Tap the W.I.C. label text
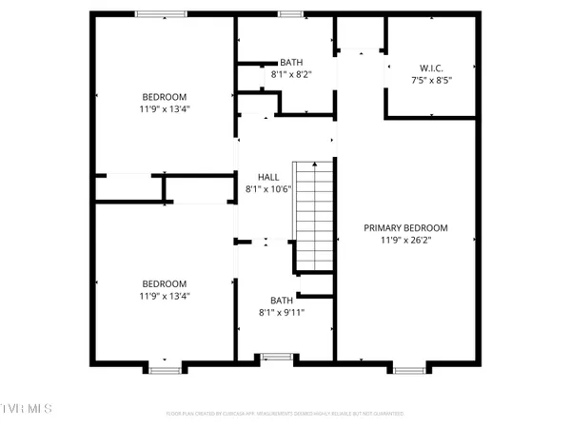[431, 68]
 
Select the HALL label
[267, 177]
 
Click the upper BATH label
[290, 61]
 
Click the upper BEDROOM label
[165, 97]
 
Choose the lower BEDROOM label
[165, 283]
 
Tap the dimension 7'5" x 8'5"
[431, 80]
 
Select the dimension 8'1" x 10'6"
[267, 189]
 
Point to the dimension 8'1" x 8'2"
[290, 73]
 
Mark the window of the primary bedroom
[409, 367]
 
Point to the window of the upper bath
[290, 13]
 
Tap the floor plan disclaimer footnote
[285, 414]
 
